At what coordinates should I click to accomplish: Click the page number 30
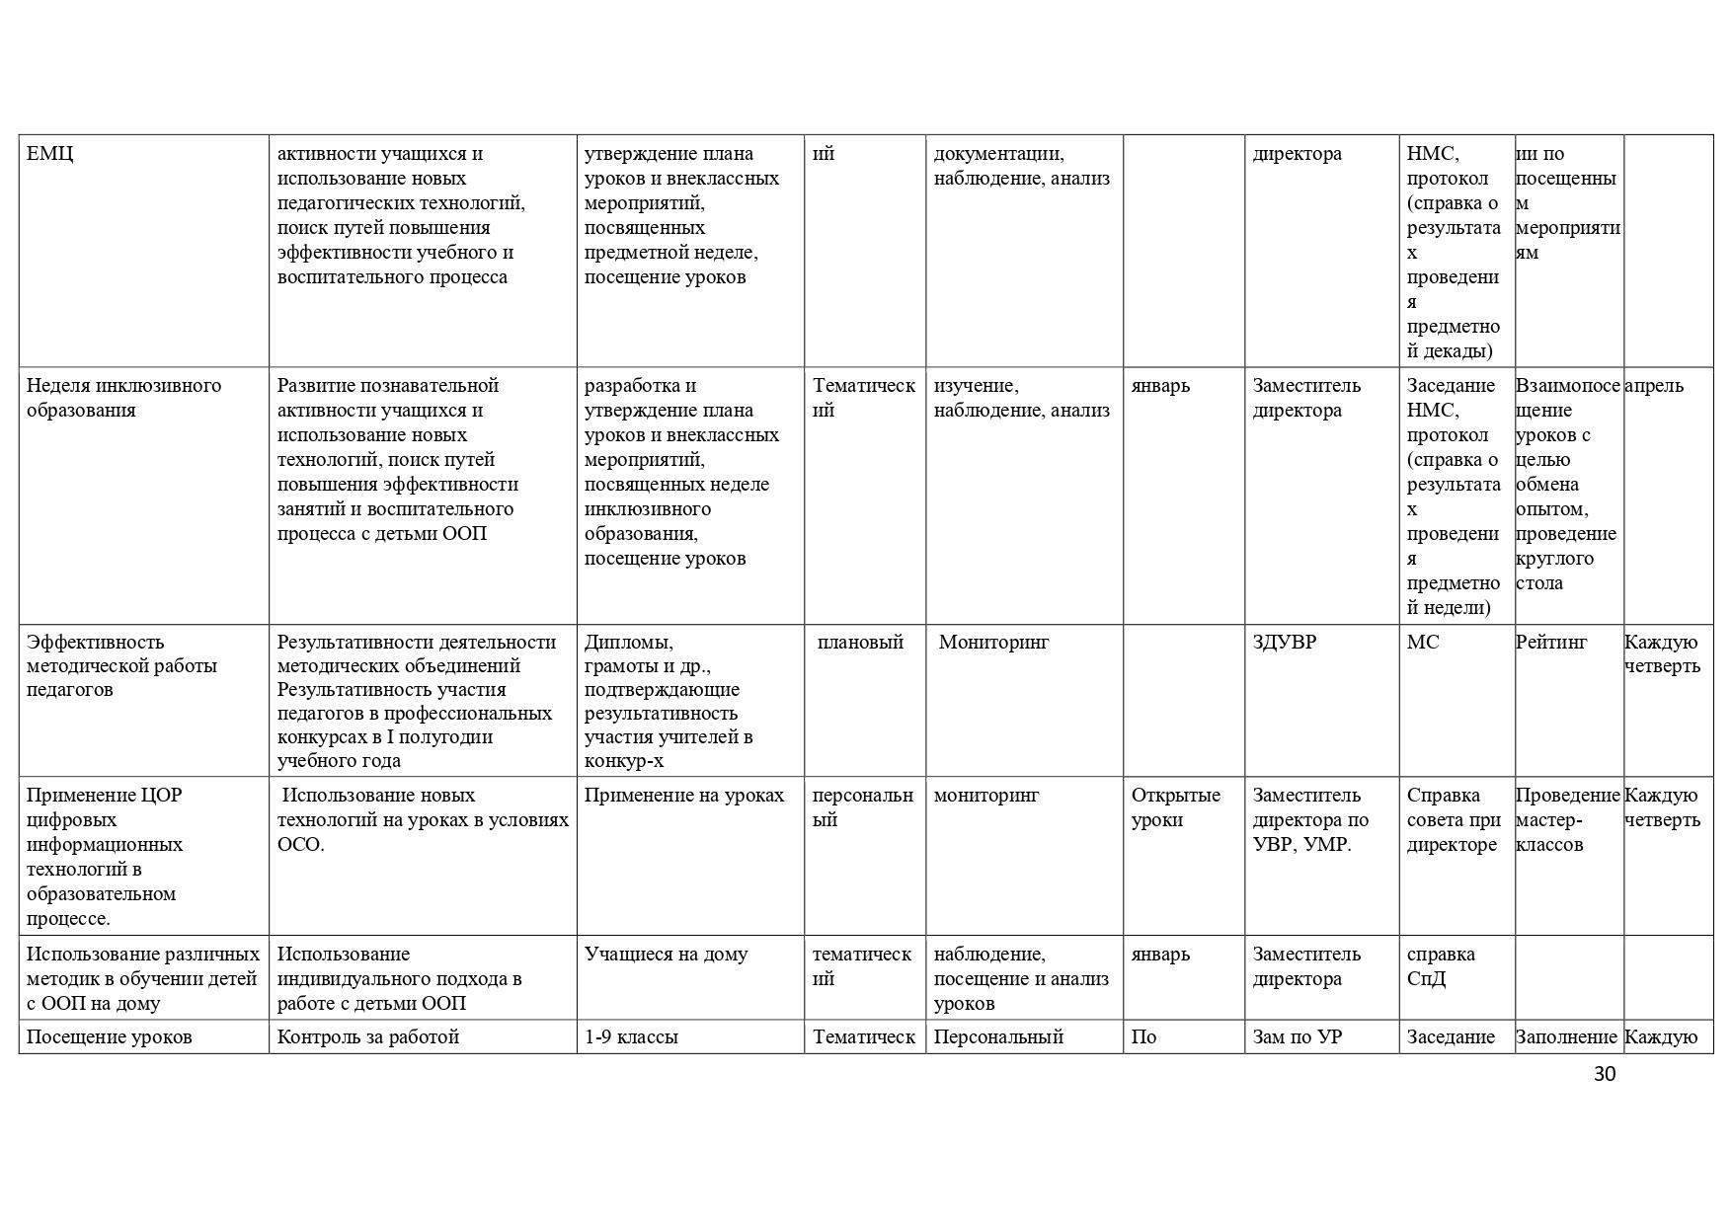click(1604, 1074)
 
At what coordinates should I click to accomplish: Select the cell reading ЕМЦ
click(49, 154)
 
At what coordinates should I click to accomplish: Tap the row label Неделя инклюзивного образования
click(123, 398)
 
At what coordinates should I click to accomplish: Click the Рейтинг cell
click(1551, 643)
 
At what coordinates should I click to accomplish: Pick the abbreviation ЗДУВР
click(1284, 643)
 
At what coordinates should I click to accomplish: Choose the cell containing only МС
click(1423, 643)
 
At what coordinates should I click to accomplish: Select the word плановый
click(860, 643)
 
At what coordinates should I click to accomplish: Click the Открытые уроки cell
click(1175, 807)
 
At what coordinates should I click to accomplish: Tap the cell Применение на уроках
click(683, 796)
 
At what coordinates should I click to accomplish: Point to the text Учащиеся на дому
click(666, 955)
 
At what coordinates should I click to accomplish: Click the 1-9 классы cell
click(631, 1037)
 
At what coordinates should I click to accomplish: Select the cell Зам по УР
click(1298, 1037)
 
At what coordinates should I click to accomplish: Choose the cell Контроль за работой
click(368, 1037)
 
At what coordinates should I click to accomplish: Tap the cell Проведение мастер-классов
click(1567, 819)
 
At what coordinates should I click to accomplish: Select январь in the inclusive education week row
click(1160, 386)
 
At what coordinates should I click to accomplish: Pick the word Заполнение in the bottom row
click(1566, 1037)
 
